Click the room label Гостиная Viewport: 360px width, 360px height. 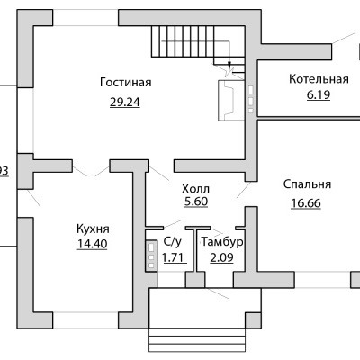(x=126, y=82)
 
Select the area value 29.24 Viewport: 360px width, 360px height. (x=125, y=103)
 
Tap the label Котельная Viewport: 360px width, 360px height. (x=319, y=79)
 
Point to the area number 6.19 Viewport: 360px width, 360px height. (x=319, y=94)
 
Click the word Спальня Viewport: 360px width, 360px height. (x=307, y=184)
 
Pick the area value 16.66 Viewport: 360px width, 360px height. (x=306, y=203)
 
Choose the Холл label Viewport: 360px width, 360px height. (x=196, y=189)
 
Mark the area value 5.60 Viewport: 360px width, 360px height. (x=196, y=202)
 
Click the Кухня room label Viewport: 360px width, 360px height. (x=93, y=229)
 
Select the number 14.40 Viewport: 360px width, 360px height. (x=93, y=244)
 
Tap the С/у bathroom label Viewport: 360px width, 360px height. (x=173, y=242)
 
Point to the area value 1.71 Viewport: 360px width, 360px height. (x=173, y=257)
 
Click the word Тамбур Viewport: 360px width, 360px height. (x=222, y=242)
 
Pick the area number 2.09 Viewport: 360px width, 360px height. (x=221, y=257)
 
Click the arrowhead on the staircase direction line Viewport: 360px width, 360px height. (x=229, y=65)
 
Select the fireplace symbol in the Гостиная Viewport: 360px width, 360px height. (x=231, y=101)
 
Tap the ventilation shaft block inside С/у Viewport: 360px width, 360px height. (x=151, y=256)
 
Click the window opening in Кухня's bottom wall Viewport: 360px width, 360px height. (x=85, y=320)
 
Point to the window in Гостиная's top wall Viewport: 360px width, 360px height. (x=85, y=18)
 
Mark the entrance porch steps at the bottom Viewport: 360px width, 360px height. (x=197, y=344)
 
